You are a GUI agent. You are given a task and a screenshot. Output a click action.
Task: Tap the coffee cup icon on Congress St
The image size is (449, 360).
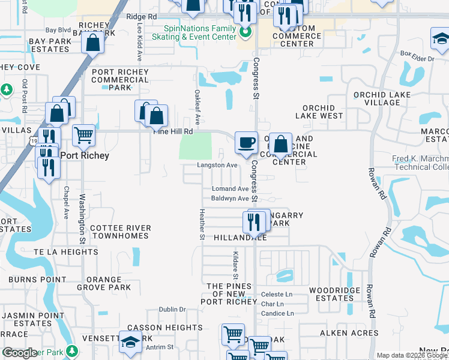(x=246, y=143)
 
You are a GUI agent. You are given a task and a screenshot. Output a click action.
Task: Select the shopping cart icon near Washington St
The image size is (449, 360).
(x=83, y=135)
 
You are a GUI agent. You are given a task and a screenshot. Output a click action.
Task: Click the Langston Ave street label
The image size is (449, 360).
(x=218, y=165)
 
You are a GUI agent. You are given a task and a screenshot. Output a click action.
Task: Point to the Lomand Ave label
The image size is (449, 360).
(x=230, y=188)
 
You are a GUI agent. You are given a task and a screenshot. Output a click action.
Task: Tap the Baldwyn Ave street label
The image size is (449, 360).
(x=230, y=199)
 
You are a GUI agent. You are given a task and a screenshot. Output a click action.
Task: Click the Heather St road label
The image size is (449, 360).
(x=202, y=224)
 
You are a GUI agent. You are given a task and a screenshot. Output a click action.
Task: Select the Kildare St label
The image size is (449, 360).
(x=236, y=264)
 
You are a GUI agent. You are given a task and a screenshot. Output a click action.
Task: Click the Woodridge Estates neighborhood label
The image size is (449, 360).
(x=335, y=294)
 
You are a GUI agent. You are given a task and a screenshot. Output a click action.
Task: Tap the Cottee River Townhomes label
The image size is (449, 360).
(x=119, y=232)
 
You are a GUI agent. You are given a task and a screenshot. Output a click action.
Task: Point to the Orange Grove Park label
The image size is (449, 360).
(x=108, y=283)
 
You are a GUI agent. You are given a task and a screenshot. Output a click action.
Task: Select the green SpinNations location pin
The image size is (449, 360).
(x=245, y=32)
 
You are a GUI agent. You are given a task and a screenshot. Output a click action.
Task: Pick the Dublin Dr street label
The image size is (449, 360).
(x=172, y=310)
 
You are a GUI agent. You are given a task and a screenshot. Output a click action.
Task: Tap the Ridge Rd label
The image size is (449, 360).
(x=142, y=17)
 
